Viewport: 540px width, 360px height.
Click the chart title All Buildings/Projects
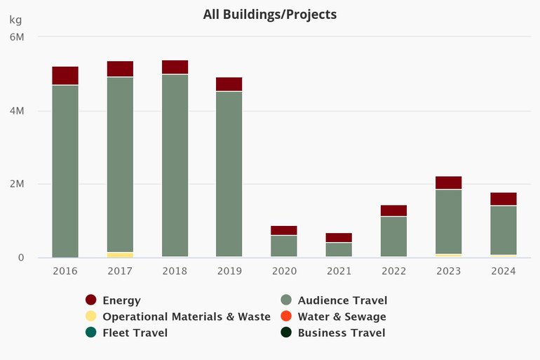[270, 14]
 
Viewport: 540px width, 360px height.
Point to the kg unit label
[15, 19]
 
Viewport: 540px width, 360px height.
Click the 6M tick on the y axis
[18, 37]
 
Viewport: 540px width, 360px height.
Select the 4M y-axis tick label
[18, 111]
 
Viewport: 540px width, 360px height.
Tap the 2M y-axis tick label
[18, 185]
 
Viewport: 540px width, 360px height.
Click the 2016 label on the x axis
[65, 271]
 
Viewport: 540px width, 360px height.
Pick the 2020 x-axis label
[284, 271]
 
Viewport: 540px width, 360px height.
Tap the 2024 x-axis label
[503, 271]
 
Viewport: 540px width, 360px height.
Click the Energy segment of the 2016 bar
[65, 75]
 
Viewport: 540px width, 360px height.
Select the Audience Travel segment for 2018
[175, 165]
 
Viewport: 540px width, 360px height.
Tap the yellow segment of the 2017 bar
[120, 255]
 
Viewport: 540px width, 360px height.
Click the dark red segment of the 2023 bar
[448, 182]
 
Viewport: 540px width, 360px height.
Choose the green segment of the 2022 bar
[393, 236]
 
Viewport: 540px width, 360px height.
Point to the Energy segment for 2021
[339, 237]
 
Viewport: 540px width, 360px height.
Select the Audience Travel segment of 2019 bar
[229, 174]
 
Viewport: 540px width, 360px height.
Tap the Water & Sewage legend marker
[286, 316]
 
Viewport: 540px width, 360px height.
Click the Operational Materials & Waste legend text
[186, 316]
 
